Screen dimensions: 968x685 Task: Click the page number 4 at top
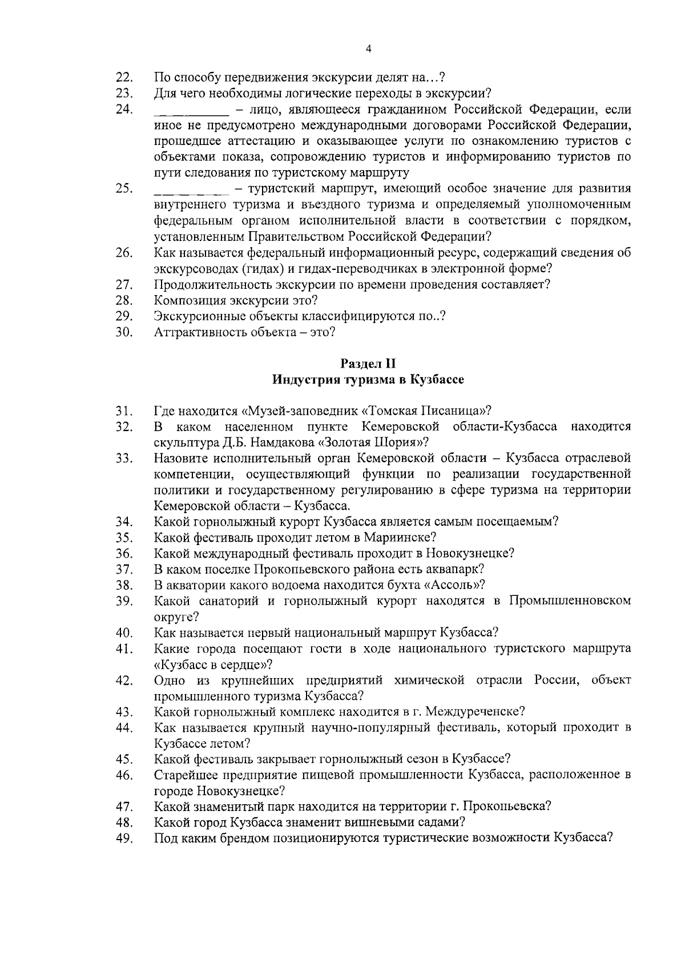368,50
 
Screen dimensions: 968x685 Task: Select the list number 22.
124,78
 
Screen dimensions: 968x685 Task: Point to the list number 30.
124,332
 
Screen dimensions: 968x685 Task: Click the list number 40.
124,633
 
